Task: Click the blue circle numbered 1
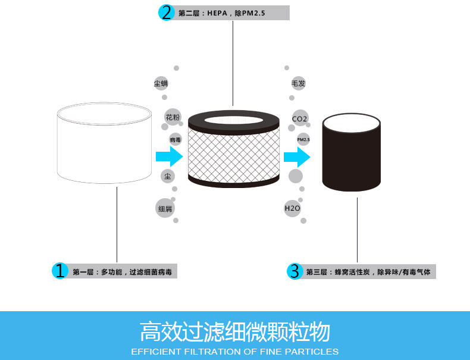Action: [59, 271]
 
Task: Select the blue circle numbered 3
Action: [294, 271]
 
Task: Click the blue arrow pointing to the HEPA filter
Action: [168, 157]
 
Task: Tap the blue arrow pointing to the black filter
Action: [297, 157]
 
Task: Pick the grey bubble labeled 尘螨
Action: [161, 83]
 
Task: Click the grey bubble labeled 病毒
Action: [175, 140]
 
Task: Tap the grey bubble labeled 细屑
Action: [165, 208]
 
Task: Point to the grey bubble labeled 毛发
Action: [298, 83]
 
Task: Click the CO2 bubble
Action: [299, 118]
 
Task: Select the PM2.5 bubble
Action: [303, 139]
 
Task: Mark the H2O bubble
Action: [292, 208]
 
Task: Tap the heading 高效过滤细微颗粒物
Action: [234, 331]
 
